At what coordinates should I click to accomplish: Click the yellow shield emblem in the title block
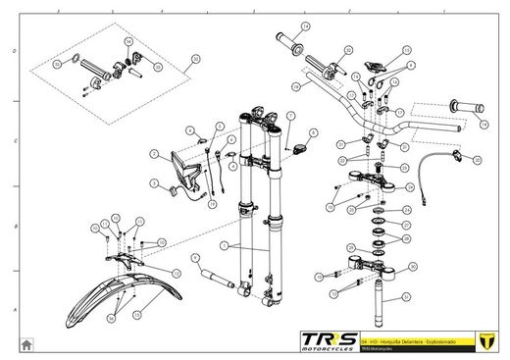(x=483, y=339)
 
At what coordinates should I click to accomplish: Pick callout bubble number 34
(x=194, y=60)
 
